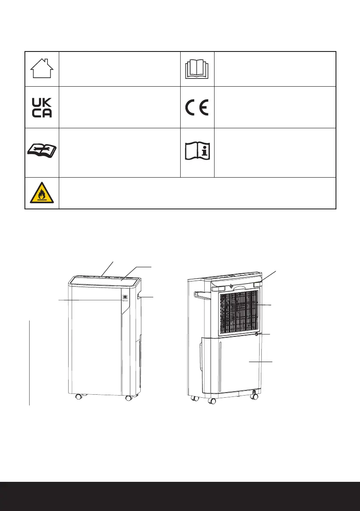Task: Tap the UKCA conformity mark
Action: click(x=42, y=107)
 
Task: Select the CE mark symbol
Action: click(x=197, y=107)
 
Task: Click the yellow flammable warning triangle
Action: click(x=42, y=194)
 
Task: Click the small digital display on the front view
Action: click(x=125, y=296)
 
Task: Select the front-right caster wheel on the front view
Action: click(x=128, y=398)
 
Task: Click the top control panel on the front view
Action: click(x=105, y=280)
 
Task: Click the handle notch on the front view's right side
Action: click(x=138, y=296)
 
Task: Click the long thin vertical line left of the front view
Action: click(x=30, y=363)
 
